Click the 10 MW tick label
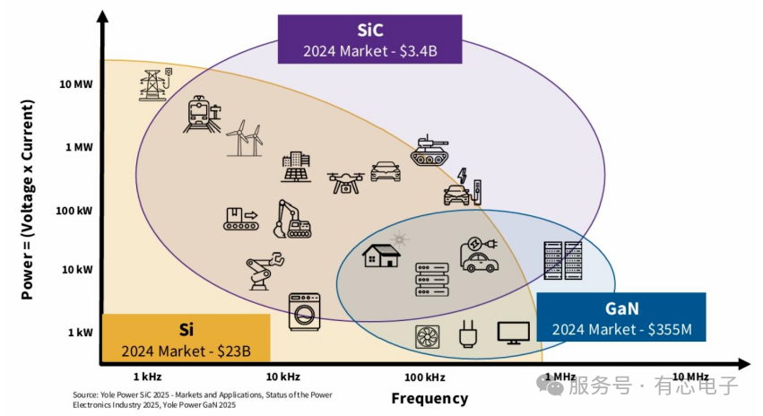tap(76, 84)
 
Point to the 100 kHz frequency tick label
tap(425, 377)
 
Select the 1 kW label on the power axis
tap(81, 333)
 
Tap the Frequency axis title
tap(429, 398)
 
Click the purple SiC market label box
tap(369, 39)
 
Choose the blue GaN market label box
tap(621, 316)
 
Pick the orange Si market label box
tap(186, 338)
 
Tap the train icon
tap(202, 115)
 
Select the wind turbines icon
tap(245, 138)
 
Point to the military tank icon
tap(429, 151)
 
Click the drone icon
tap(345, 182)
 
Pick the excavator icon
tap(292, 219)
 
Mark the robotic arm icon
tap(264, 272)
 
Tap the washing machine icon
tap(305, 312)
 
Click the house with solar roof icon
tap(383, 252)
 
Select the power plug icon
tap(468, 334)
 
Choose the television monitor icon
tap(514, 334)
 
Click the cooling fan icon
tap(428, 337)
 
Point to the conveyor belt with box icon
tap(241, 219)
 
